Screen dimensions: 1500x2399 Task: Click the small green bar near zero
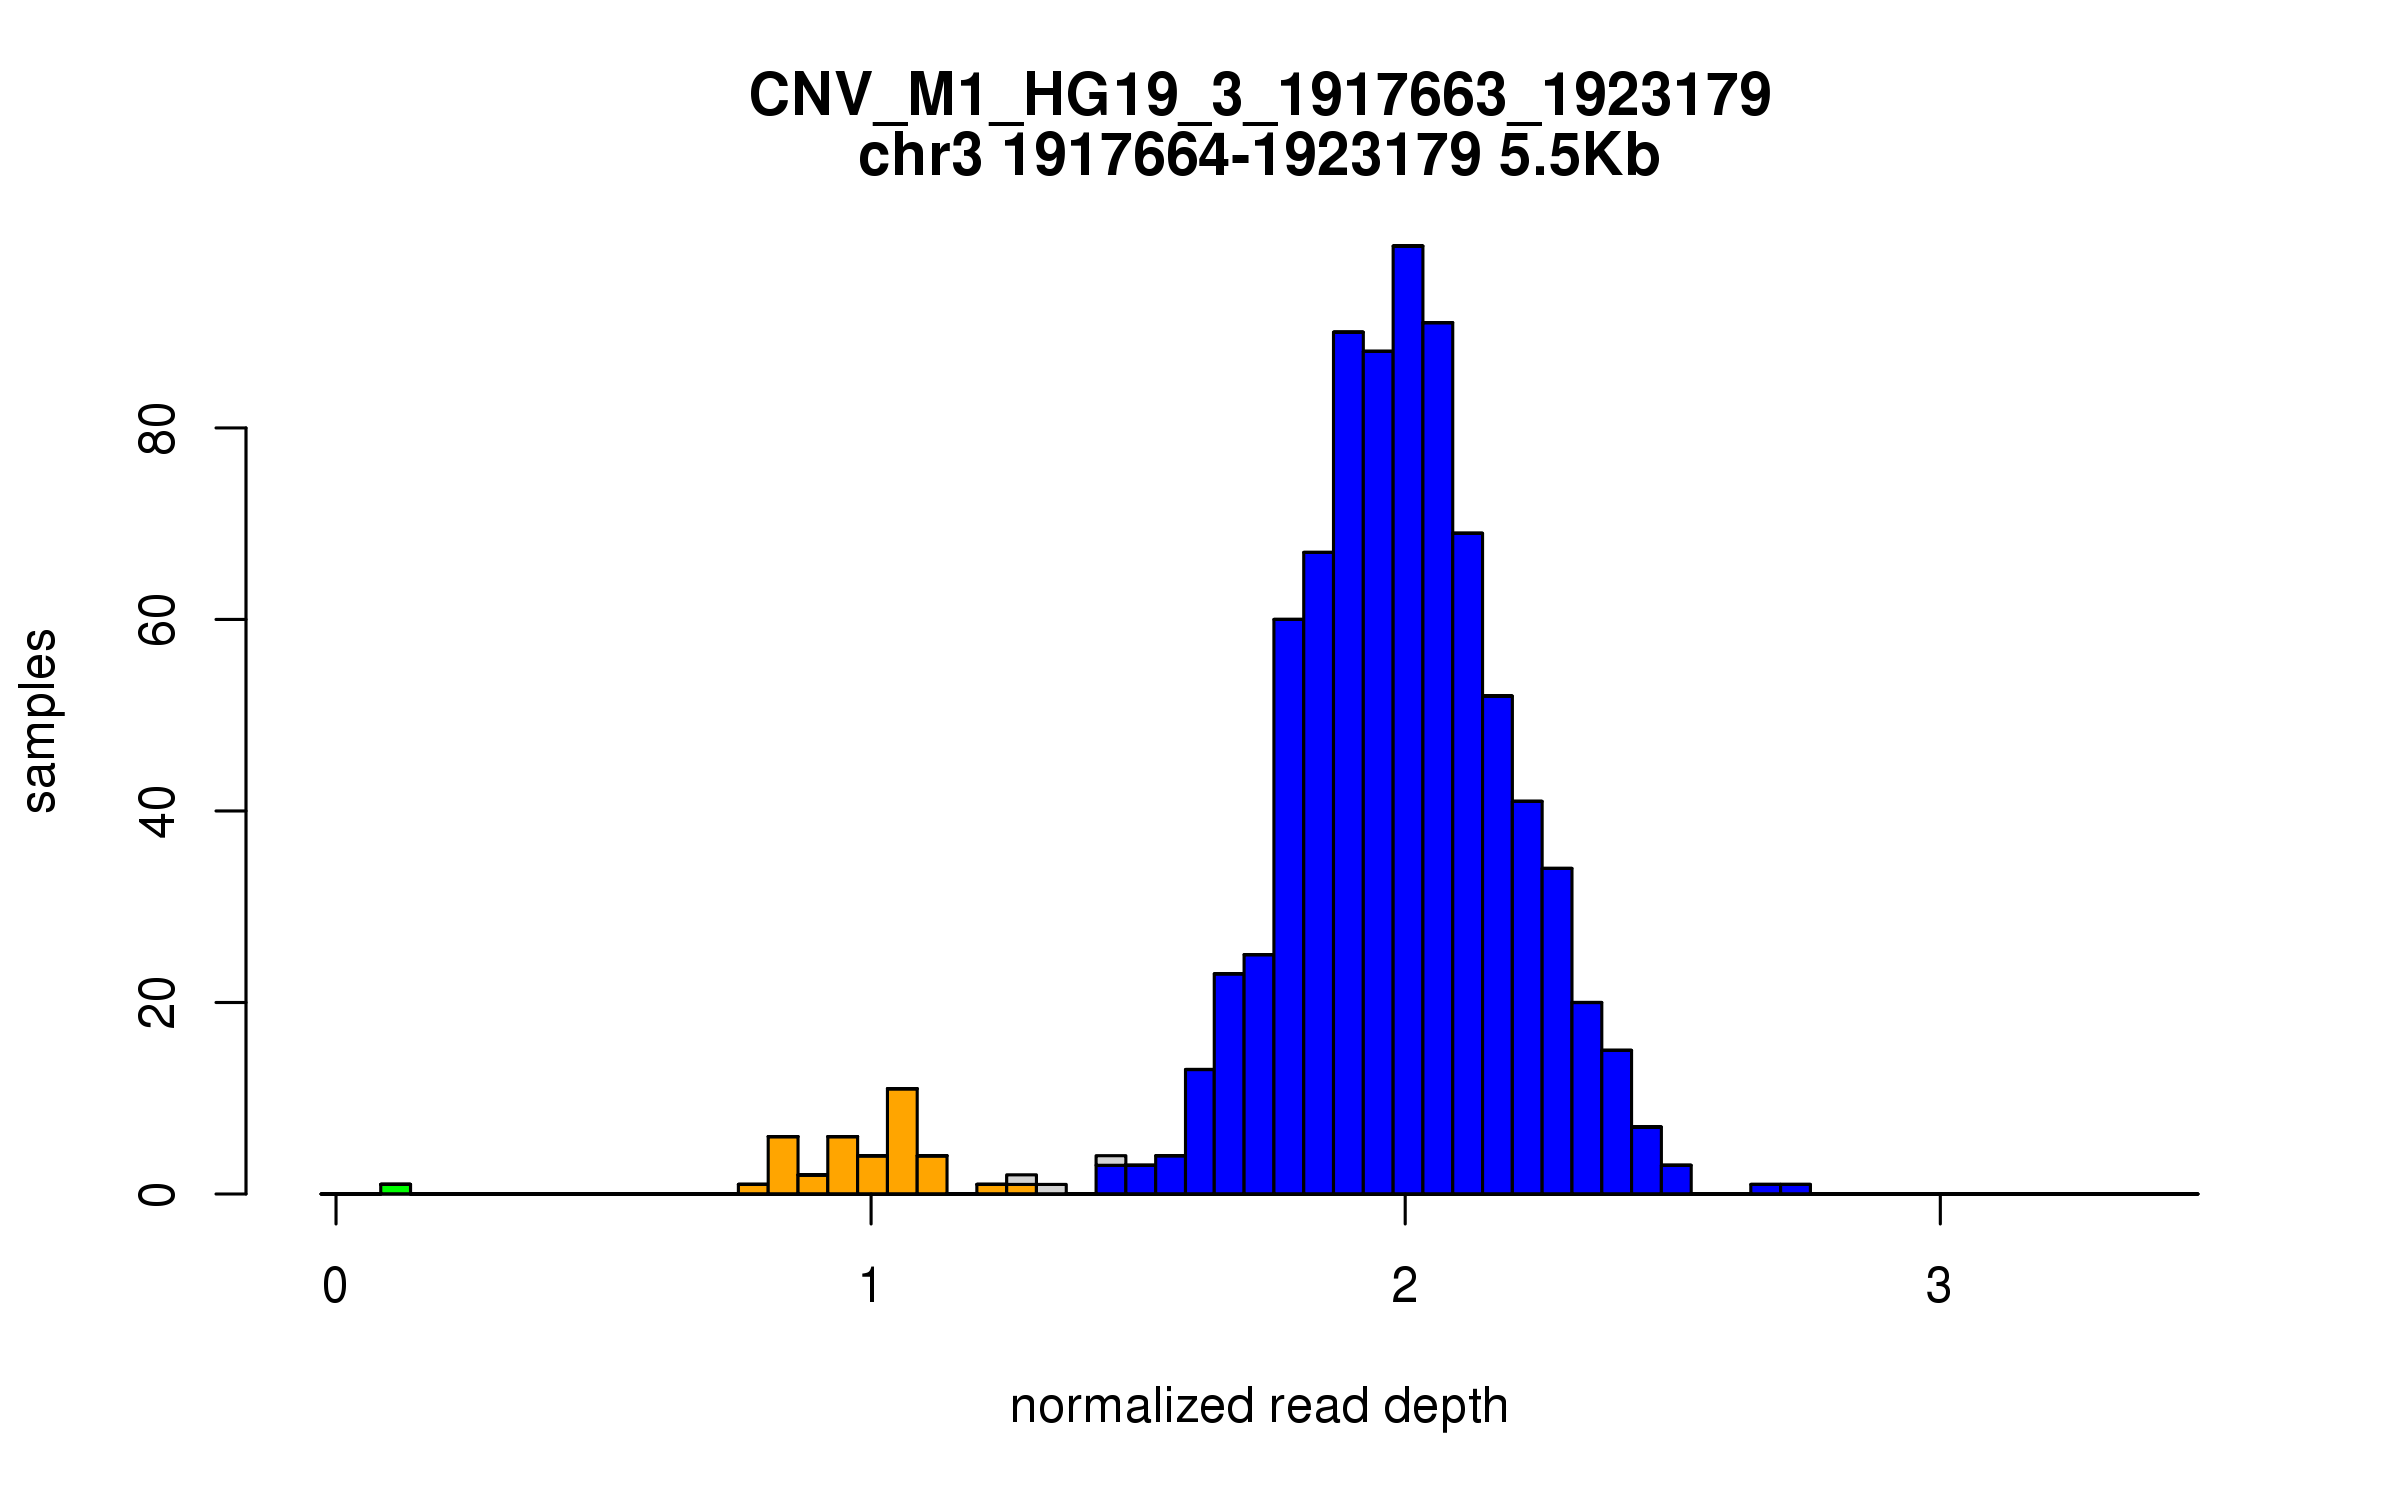pyautogui.click(x=395, y=1188)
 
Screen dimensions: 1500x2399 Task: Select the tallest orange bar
pyautogui.click(x=902, y=1141)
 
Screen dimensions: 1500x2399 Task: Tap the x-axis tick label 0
pyautogui.click(x=335, y=1286)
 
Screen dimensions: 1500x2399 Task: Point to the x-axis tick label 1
pyautogui.click(x=870, y=1286)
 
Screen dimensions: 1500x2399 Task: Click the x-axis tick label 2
pyautogui.click(x=1404, y=1286)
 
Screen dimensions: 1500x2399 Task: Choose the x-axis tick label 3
pyautogui.click(x=1939, y=1286)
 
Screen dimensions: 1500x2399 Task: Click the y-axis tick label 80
pyautogui.click(x=158, y=429)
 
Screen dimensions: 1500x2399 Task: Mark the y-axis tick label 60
pyautogui.click(x=158, y=620)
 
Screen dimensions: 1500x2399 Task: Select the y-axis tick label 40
pyautogui.click(x=158, y=811)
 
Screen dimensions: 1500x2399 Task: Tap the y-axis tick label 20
pyautogui.click(x=158, y=1003)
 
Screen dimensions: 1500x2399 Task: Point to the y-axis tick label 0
pyautogui.click(x=158, y=1194)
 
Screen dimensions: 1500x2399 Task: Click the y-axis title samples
pyautogui.click(x=40, y=720)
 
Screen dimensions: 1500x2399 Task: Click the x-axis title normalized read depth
pyautogui.click(x=1258, y=1406)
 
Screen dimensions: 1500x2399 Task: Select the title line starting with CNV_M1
pyautogui.click(x=1259, y=96)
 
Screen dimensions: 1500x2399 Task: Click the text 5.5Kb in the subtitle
pyautogui.click(x=1579, y=156)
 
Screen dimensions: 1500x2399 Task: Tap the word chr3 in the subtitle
pyautogui.click(x=920, y=156)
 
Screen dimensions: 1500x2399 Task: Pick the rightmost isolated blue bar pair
pyautogui.click(x=1780, y=1188)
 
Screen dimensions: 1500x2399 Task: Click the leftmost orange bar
pyautogui.click(x=752, y=1188)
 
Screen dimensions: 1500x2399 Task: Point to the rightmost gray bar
pyautogui.click(x=1051, y=1188)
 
